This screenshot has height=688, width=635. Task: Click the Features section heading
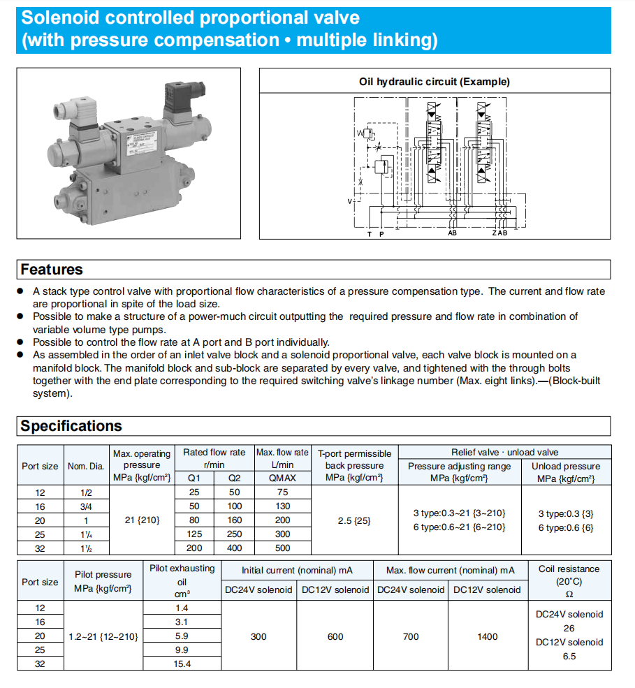[x=52, y=270]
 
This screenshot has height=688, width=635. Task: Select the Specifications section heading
[x=71, y=426]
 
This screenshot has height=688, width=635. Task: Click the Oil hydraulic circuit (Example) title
[x=435, y=82]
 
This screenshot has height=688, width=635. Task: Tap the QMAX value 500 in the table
[x=282, y=548]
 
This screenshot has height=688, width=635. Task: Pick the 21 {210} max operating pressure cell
[x=141, y=520]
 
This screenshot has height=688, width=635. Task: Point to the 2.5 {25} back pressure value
[x=354, y=520]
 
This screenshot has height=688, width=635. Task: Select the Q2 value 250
[x=235, y=534]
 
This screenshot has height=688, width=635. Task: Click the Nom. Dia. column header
[x=85, y=466]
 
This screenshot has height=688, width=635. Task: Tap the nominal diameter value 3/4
[x=85, y=506]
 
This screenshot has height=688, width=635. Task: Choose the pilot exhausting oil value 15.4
[x=182, y=664]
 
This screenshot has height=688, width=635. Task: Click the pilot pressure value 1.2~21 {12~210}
[x=103, y=636]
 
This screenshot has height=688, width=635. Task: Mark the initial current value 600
[x=335, y=636]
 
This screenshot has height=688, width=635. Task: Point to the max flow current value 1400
[x=487, y=636]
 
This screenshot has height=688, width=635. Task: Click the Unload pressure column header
[x=566, y=472]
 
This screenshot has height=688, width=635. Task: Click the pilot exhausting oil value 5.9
[x=182, y=636]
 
